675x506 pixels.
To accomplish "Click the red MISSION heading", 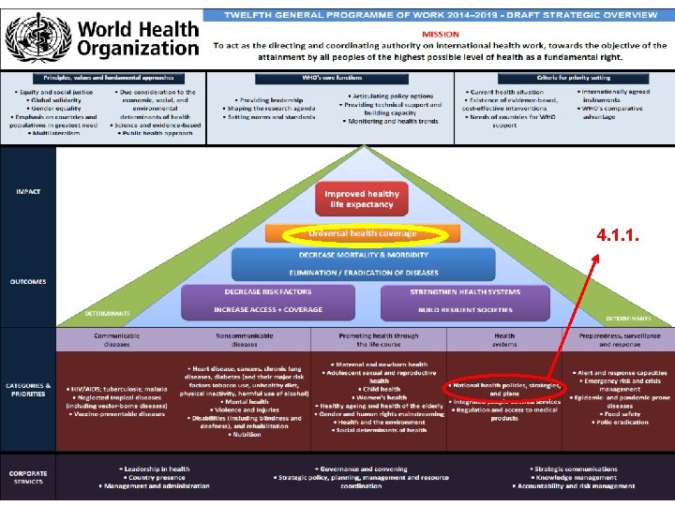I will [440, 34].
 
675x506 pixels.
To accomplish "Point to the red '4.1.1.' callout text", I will [617, 236].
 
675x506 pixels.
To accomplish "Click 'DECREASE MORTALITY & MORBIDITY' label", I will [363, 255].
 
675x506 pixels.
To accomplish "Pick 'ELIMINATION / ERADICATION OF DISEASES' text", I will [363, 273].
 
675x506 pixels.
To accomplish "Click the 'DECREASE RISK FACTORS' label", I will [268, 291].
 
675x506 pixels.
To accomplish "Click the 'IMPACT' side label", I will [28, 191].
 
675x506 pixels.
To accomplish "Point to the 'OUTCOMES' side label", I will [28, 281].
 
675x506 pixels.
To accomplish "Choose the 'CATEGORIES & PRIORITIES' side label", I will [28, 389].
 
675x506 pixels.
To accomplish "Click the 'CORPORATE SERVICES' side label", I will [28, 477].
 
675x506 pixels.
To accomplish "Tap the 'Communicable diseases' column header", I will [117, 339].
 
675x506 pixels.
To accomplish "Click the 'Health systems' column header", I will [504, 339].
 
